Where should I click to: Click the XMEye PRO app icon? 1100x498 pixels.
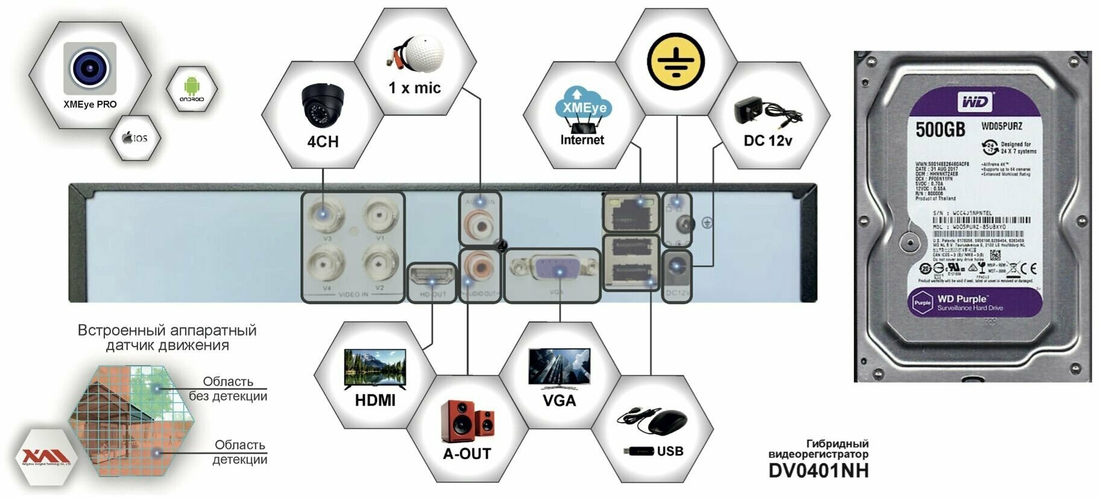(90, 68)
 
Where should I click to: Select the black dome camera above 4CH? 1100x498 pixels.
(323, 105)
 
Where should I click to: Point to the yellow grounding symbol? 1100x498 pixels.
(676, 61)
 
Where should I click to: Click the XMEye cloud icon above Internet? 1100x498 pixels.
(581, 103)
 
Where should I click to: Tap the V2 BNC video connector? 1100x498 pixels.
(379, 264)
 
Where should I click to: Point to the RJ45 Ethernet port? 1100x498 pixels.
(631, 212)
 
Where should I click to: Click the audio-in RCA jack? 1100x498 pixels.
(480, 225)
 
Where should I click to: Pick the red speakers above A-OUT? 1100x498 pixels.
(467, 420)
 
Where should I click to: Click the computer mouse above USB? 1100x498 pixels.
(666, 421)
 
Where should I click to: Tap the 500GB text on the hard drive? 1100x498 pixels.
(940, 129)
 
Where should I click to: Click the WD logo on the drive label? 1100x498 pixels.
(974, 102)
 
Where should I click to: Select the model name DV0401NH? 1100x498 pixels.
(818, 470)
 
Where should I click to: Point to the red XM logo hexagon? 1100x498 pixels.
(46, 457)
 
